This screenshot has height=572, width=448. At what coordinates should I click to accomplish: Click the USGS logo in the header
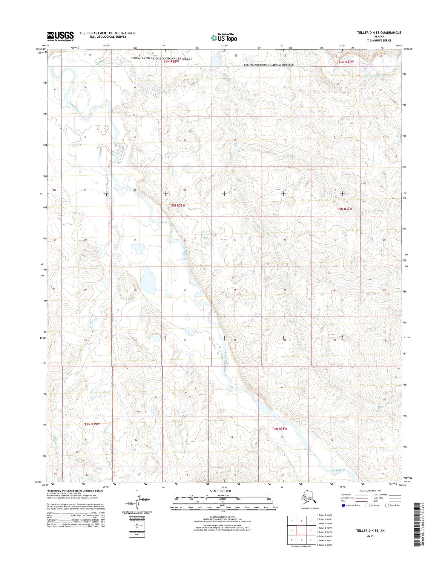pos(60,36)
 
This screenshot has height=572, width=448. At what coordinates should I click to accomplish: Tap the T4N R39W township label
pos(92,424)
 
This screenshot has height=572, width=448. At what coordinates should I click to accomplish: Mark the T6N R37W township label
pos(346,62)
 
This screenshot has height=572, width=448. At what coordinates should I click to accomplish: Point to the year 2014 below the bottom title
pos(370,536)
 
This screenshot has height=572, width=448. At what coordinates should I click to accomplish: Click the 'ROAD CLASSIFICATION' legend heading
pos(370,491)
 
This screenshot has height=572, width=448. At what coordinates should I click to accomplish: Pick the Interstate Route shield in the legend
pos(343,505)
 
